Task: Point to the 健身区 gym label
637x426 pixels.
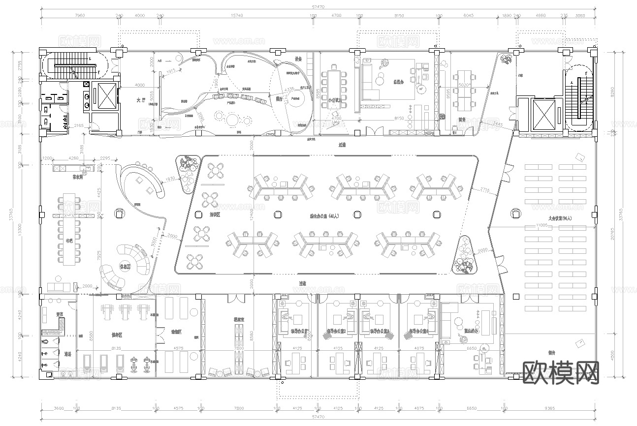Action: coord(117,335)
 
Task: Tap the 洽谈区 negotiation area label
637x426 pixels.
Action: coord(215,215)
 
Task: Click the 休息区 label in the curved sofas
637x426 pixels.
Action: coord(125,267)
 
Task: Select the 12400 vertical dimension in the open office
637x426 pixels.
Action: coord(251,212)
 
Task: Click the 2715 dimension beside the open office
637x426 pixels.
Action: coord(485,189)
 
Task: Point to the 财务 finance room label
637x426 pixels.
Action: coord(462,119)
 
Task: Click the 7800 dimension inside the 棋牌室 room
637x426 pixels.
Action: coord(239,348)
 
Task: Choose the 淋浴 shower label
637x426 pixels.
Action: coord(68,354)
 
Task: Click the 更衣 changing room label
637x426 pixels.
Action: coord(59,314)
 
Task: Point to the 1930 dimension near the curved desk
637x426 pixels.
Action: coord(171,179)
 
